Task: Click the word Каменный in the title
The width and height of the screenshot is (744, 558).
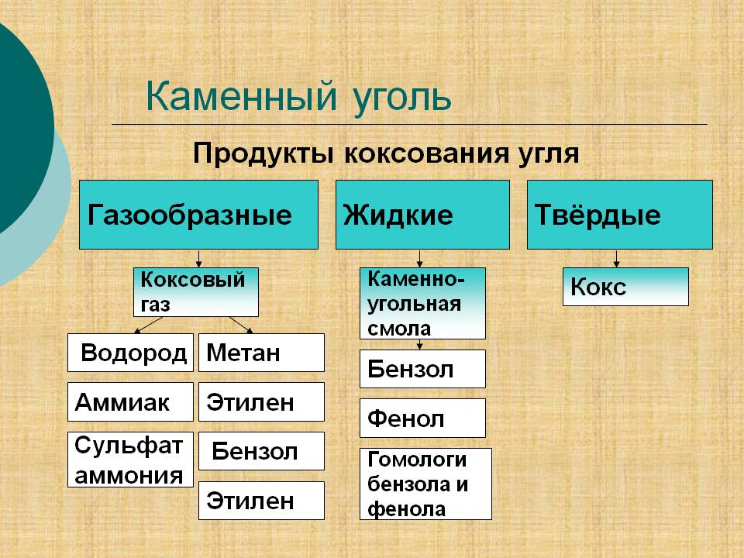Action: tap(242, 96)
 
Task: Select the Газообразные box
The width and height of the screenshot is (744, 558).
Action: tap(198, 215)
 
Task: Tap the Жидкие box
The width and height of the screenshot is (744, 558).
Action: tap(422, 215)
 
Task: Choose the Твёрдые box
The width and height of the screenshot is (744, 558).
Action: tap(620, 215)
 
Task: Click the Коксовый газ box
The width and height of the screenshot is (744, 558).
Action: tap(196, 292)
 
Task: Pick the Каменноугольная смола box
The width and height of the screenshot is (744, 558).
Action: tap(422, 303)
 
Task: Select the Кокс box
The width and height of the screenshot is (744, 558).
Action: tap(625, 287)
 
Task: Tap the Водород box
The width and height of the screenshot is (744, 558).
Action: tap(130, 353)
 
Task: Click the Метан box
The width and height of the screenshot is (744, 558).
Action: tap(261, 353)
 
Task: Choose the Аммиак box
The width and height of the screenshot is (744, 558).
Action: tap(130, 402)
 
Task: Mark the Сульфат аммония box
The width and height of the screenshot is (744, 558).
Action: tap(130, 460)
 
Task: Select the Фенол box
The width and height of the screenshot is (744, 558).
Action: tap(422, 418)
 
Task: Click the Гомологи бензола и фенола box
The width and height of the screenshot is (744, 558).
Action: tap(425, 484)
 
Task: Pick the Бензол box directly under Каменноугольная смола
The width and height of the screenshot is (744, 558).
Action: tap(422, 369)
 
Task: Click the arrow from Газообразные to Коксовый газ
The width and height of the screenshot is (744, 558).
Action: tap(199, 259)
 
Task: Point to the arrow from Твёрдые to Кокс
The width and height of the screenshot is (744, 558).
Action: tap(616, 259)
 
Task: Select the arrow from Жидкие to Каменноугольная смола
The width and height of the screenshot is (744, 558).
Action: tap(419, 259)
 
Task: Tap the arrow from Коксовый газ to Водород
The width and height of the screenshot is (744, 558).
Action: tap(148, 325)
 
